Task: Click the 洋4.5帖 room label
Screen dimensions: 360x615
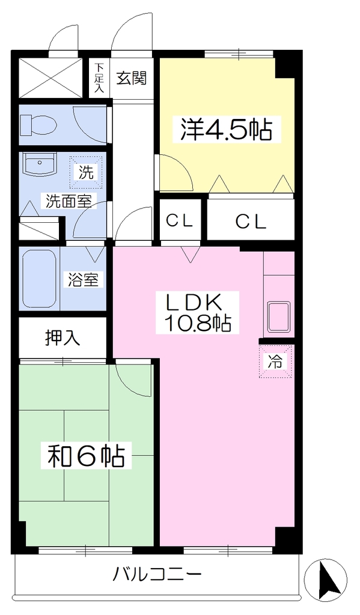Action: (226, 130)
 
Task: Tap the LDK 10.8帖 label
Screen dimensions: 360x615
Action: (198, 312)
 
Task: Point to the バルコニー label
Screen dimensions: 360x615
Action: (157, 575)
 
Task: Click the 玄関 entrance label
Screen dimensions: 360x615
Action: (132, 78)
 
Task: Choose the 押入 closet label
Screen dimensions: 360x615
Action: (63, 338)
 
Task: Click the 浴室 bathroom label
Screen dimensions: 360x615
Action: (83, 280)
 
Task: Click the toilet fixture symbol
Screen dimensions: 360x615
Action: (39, 124)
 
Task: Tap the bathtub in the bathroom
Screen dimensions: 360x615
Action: (38, 279)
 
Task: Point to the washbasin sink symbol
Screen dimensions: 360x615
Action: (39, 165)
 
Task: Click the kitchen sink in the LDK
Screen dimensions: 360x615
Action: (279, 317)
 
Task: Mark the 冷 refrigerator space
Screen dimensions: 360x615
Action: (276, 362)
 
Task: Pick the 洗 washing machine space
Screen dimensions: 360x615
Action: (87, 172)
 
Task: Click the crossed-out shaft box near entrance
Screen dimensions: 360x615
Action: (51, 78)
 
